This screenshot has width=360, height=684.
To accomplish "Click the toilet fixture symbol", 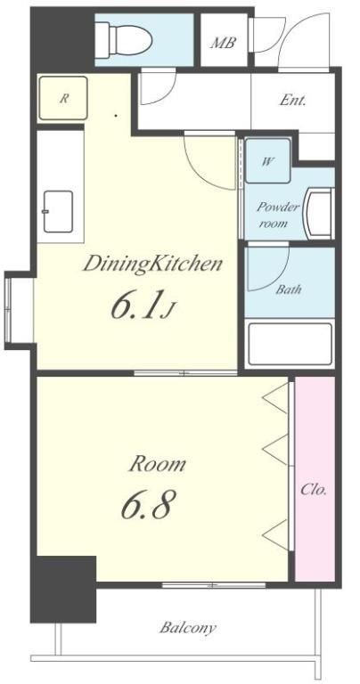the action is click(124, 41).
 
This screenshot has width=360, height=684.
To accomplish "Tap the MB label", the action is click(224, 43).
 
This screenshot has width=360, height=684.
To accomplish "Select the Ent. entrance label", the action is click(292, 101).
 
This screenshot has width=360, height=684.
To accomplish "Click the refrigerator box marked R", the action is click(63, 98).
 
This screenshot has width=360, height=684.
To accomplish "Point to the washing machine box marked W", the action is click(268, 160).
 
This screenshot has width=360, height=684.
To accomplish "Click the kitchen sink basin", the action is click(58, 212).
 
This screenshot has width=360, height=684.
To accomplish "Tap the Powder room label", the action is click(278, 215).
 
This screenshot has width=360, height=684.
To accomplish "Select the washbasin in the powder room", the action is click(319, 214).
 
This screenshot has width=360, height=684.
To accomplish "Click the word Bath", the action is click(289, 289).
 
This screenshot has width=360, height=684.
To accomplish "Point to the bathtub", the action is click(290, 344).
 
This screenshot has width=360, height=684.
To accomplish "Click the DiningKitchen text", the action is click(152, 265).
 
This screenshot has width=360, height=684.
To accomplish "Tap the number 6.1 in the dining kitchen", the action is click(139, 305).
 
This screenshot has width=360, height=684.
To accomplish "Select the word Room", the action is click(158, 464).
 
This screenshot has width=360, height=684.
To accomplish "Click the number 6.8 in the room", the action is click(146, 504).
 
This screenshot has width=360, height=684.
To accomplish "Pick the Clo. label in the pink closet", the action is click(314, 490).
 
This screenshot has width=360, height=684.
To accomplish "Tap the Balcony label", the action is click(188, 628).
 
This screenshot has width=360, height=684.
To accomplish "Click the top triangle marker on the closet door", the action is click(275, 398).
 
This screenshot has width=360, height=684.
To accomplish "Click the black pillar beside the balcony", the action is click(63, 588).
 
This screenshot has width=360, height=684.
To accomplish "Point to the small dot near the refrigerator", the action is click(116, 116).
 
